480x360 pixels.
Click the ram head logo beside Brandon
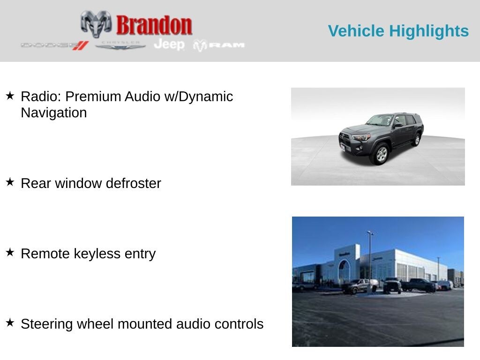[96, 24]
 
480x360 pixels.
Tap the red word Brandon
[154, 25]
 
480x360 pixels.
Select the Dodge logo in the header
[55, 45]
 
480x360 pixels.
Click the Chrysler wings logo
[120, 45]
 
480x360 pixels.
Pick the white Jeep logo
[169, 45]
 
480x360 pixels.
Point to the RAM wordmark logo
[219, 45]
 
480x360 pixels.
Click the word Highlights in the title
[429, 31]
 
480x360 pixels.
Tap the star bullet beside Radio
[10, 96]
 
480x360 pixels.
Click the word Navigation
[54, 112]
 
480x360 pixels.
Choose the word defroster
[134, 183]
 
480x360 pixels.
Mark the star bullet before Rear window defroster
[10, 182]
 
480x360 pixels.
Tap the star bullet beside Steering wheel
[10, 322]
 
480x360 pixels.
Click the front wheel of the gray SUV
[381, 154]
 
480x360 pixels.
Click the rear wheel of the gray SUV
[417, 140]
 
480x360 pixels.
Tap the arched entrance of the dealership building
[344, 270]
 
